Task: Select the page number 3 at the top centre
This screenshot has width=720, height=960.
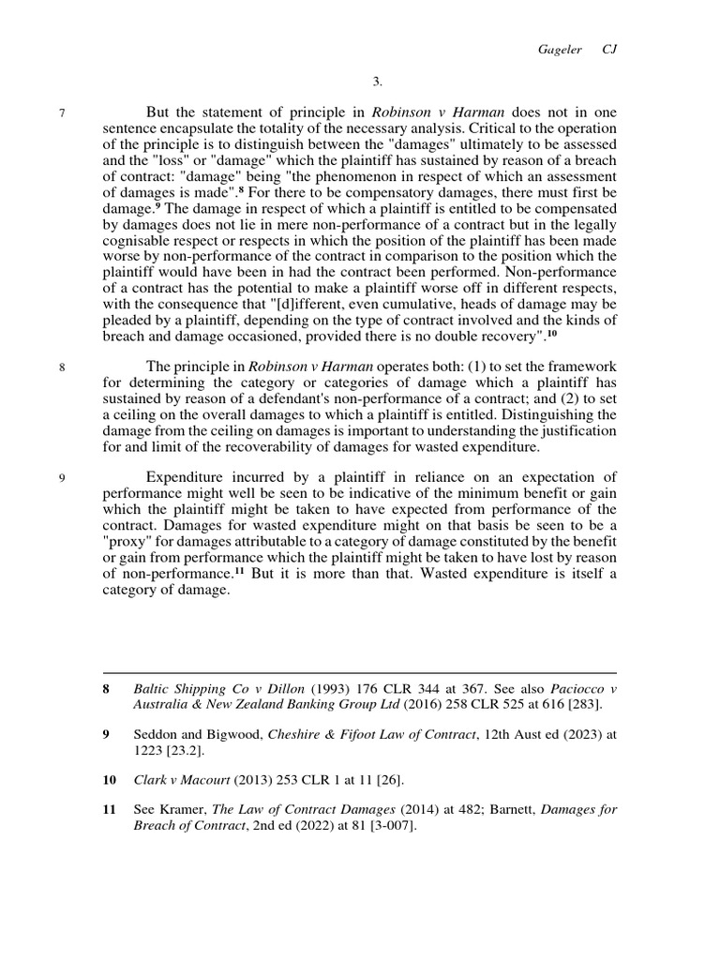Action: tap(359, 82)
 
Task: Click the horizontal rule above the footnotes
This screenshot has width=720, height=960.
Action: tap(359, 672)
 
